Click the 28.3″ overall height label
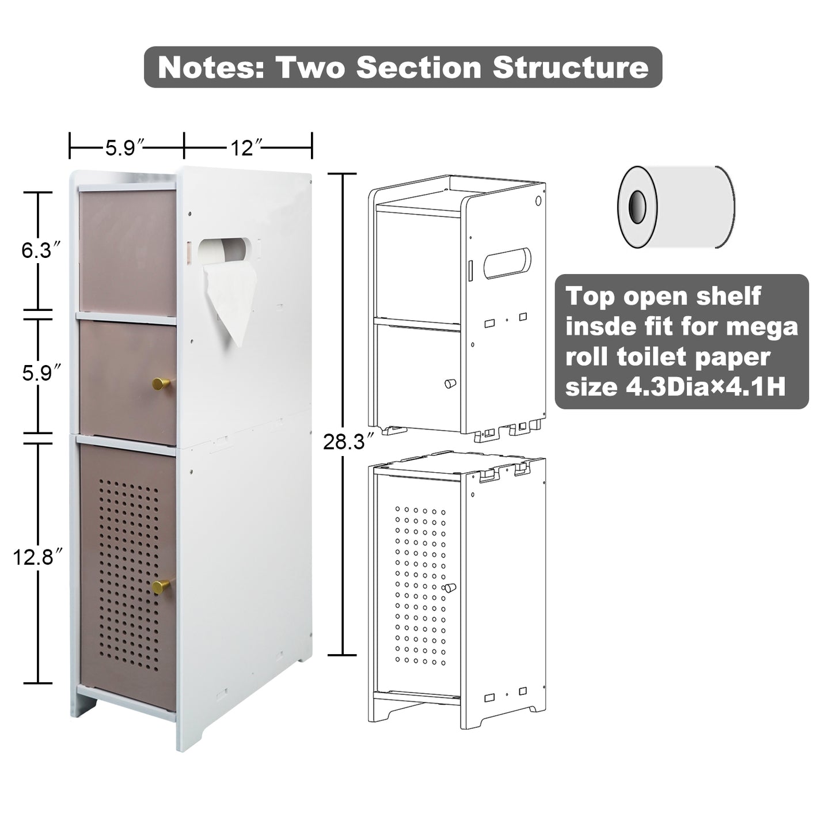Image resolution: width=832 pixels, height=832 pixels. point(344,442)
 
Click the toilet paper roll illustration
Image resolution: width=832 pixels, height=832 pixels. point(675,207)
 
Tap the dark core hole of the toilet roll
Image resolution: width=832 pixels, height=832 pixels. point(637,207)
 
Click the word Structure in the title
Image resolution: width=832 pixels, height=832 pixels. point(570,67)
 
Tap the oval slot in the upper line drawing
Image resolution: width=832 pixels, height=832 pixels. point(507,263)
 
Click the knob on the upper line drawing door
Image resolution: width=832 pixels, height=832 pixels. point(450,383)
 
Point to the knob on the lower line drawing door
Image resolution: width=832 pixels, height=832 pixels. point(449,588)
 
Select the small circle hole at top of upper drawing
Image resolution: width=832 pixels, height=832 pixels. point(538,201)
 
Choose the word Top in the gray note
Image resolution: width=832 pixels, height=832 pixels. point(587,297)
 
